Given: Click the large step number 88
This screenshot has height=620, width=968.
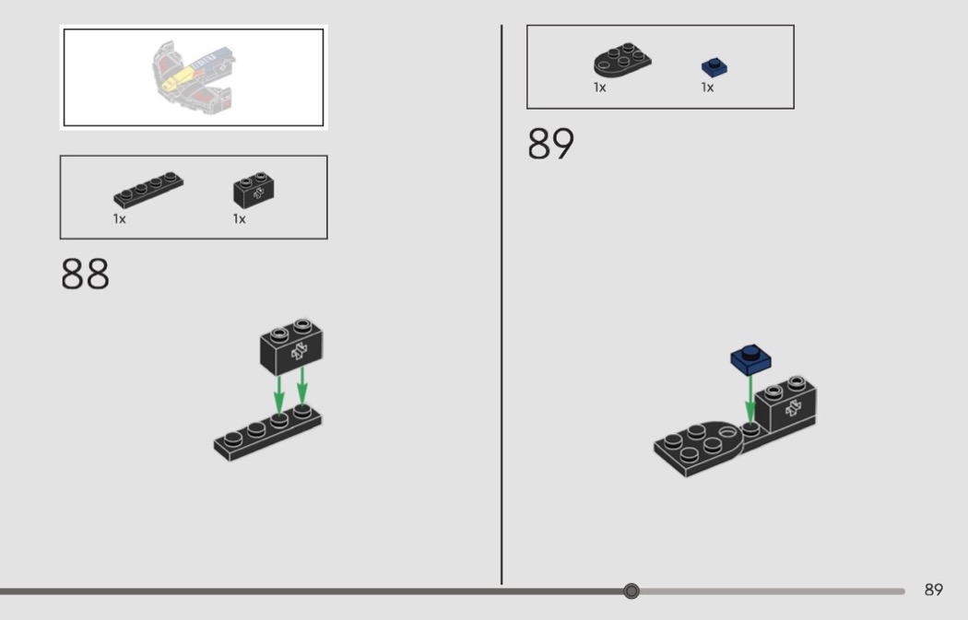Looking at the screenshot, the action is coord(85,274).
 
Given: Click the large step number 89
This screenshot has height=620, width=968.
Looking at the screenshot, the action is coord(550,144).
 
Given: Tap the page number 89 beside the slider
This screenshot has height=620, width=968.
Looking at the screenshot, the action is coord(933,590).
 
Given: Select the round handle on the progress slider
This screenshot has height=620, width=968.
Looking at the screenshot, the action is coord(631,591).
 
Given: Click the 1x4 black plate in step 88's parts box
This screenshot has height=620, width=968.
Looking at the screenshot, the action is coord(148,190).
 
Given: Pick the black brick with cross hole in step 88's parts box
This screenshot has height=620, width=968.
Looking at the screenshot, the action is coord(254,190).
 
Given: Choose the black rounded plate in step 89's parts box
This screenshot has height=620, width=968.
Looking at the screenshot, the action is coord(622,60).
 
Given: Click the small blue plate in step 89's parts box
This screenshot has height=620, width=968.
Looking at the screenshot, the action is coord(714,67).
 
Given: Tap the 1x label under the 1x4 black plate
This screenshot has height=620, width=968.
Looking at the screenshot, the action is coord(119,219).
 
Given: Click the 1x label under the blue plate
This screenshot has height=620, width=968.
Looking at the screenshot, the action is coord(707,88).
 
